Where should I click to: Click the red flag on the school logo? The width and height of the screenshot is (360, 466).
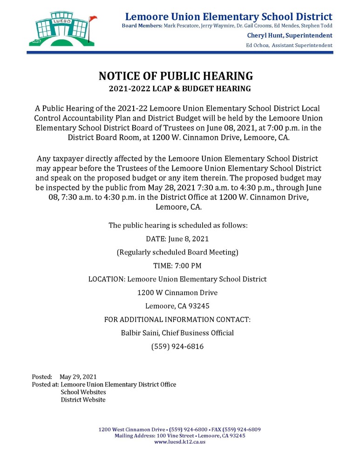tap(93, 18)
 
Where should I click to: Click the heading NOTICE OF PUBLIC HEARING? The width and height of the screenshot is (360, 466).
tap(176, 76)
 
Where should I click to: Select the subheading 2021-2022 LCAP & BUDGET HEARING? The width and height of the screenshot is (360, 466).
tap(180, 89)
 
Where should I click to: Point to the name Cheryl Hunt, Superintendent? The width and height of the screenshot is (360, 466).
tap(290, 35)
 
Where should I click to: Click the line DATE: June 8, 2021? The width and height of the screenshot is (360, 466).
tap(177, 239)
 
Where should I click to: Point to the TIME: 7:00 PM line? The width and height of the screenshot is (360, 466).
tap(177, 266)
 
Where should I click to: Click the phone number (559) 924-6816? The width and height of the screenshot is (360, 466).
tap(177, 347)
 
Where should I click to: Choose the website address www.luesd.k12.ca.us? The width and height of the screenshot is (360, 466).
tap(180, 441)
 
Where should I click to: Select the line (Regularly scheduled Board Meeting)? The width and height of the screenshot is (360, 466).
tap(177, 252)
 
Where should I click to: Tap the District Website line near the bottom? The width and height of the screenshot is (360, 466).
tap(83, 399)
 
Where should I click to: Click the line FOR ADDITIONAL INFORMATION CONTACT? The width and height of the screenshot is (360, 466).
tap(177, 320)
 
